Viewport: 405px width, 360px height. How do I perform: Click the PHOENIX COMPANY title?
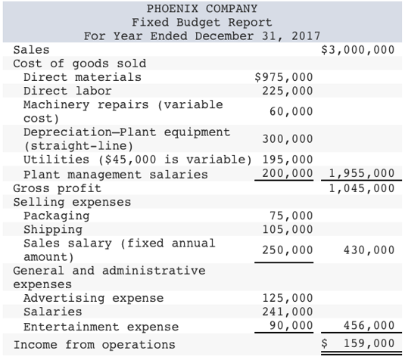tap(201, 8)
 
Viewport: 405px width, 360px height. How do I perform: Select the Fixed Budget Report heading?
tap(201, 22)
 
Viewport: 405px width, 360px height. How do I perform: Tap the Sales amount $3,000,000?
tap(358, 49)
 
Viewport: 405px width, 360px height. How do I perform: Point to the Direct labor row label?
tap(67, 91)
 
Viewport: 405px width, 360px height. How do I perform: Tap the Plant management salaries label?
tap(116, 174)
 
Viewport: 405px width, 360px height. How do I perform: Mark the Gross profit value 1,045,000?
tap(361, 188)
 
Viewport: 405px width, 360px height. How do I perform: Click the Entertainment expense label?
tap(101, 327)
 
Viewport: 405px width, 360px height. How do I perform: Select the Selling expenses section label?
tap(72, 202)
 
